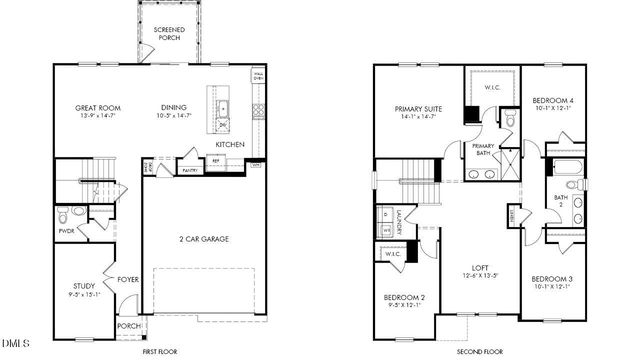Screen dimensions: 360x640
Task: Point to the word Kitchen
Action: [229, 145]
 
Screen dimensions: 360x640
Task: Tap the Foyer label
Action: [127, 279]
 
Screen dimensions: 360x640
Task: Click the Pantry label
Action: [188, 170]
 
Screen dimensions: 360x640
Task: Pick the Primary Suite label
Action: [419, 112]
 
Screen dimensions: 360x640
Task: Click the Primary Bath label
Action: [483, 149]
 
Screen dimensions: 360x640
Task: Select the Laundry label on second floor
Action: [398, 222]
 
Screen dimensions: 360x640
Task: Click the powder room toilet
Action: [64, 213]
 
